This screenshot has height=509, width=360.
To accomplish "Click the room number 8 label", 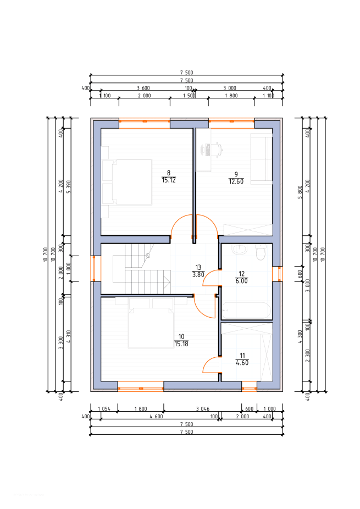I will pyautogui.click(x=168, y=173).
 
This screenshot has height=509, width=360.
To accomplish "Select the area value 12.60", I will pyautogui.click(x=236, y=181).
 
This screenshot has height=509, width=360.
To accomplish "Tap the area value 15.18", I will pyautogui.click(x=181, y=344).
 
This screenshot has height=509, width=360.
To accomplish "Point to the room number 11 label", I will pyautogui.click(x=242, y=356).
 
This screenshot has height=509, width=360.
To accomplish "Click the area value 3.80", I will pyautogui.click(x=198, y=274).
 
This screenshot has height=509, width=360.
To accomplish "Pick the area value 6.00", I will pyautogui.click(x=242, y=280).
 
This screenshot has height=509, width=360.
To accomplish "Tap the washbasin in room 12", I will pyautogui.click(x=240, y=250).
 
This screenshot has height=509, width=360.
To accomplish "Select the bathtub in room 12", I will pyautogui.click(x=246, y=311).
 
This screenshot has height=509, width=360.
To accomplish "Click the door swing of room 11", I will pyautogui.click(x=211, y=364).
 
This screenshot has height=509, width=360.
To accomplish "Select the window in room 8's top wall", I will pyautogui.click(x=145, y=120).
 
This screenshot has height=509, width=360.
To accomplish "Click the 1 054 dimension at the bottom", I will pyautogui.click(x=104, y=408).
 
